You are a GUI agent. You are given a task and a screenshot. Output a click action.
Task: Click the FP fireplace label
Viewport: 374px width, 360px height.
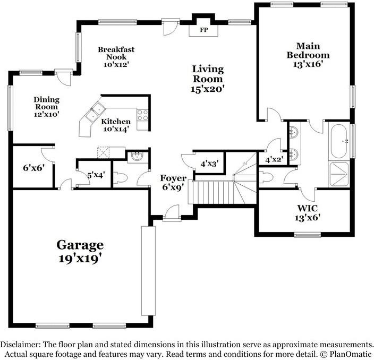point(203,30)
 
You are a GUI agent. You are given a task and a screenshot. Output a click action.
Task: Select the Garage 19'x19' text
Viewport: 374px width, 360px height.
point(80,252)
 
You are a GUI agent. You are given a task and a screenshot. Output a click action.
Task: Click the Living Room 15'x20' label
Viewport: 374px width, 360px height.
point(208,79)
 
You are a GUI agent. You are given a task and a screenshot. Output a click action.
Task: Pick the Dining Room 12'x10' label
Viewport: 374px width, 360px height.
point(46,106)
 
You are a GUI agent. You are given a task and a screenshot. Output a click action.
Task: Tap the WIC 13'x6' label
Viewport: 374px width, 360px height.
point(308,212)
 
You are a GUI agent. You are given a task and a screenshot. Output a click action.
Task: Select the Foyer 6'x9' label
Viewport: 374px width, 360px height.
point(174,182)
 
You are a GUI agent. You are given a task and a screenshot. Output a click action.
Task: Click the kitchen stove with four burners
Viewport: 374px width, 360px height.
point(142,116)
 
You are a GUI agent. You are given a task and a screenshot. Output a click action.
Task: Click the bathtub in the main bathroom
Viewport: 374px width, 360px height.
point(338,141)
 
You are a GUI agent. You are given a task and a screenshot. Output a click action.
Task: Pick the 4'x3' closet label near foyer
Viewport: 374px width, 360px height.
point(209,164)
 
